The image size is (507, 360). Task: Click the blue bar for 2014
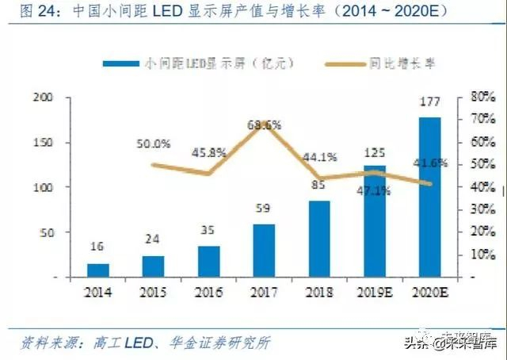98,270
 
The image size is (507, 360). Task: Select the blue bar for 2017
265,251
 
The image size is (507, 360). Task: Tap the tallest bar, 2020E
430,197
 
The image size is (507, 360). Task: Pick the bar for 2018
319,239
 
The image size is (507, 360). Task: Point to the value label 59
264,210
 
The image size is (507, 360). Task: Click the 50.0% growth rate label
154,144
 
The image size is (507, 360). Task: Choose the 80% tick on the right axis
482,98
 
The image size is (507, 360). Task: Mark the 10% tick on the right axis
482,255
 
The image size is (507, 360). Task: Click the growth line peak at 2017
265,124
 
